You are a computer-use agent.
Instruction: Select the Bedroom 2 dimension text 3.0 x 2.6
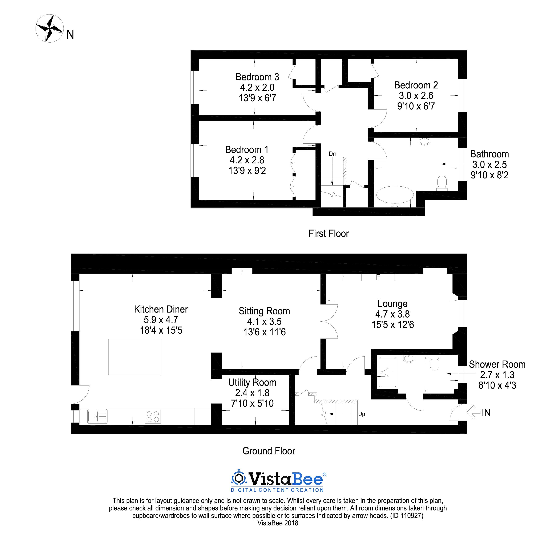(416, 96)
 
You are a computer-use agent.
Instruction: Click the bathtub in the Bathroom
(395, 196)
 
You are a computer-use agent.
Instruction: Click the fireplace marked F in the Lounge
(378, 277)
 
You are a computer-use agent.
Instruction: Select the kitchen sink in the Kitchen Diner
(97, 416)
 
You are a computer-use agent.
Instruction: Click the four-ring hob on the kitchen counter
(153, 416)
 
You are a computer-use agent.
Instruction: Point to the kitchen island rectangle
(134, 357)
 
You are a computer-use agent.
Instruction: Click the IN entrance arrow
(474, 412)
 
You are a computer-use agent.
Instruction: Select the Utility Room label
(252, 382)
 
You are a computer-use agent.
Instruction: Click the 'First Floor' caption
(329, 234)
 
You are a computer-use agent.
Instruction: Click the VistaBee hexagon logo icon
(239, 479)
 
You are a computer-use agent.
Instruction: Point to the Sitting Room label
(264, 311)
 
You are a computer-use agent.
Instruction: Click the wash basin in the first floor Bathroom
(425, 141)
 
